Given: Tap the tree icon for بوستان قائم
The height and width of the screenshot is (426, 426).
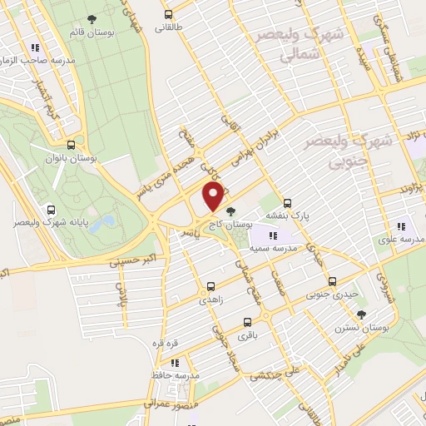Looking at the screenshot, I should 92,20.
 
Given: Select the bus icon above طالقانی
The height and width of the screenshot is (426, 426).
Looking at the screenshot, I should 169,14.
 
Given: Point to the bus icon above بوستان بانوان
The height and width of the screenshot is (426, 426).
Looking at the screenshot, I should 80,143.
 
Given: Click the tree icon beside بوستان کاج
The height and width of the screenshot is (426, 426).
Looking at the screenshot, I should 230,211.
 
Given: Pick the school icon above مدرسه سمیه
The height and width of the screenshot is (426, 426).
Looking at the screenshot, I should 273,236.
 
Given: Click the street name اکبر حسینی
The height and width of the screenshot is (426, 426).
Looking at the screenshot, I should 126,261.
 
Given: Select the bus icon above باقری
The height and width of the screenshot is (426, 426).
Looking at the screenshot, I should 247,322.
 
